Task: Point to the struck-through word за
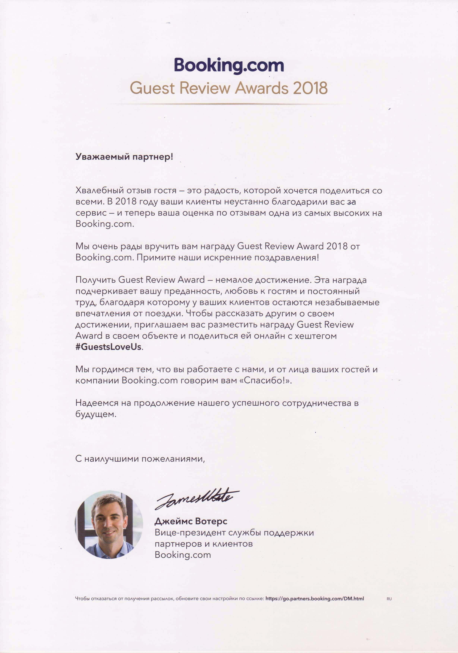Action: pos(351,202)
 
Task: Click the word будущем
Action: pos(96,414)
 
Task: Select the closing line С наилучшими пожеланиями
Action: pos(140,459)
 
